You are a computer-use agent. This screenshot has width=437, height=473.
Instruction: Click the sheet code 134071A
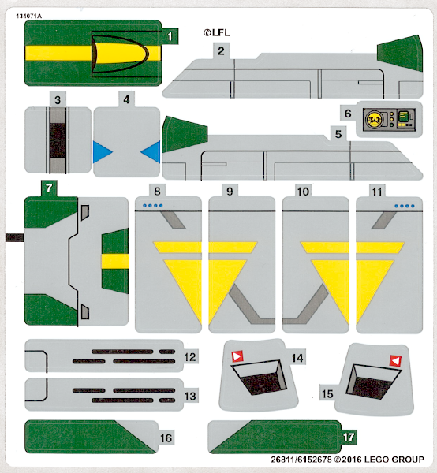pos(28,17)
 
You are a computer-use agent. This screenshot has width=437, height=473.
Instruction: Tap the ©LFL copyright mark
pos(217,32)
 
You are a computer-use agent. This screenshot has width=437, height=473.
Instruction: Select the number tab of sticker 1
pos(170,36)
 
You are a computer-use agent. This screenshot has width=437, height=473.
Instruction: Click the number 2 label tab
pos(221,50)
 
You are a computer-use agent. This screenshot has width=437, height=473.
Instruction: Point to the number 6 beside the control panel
pos(348,114)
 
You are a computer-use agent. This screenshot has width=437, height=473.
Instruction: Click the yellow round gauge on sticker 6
pos(374,119)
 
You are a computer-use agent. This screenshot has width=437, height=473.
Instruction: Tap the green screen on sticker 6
pos(403,116)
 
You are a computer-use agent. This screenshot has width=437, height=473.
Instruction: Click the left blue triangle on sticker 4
pos(102,151)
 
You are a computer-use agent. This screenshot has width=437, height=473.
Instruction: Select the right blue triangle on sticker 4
pos(151,151)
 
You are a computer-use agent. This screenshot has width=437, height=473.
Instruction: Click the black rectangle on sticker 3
pos(58,140)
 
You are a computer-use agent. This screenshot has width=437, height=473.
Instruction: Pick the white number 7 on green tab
pos(49,188)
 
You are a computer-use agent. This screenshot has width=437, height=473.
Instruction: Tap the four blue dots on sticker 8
pos(153,206)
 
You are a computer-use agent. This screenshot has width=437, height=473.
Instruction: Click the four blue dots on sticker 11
pos(405,206)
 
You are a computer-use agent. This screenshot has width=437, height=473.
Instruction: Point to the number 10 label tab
pos(303,192)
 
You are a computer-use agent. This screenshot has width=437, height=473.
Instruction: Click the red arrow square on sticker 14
pos(237,356)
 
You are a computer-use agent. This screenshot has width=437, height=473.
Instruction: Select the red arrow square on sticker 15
pos(395,361)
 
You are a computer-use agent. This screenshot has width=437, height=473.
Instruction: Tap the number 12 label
pos(190,357)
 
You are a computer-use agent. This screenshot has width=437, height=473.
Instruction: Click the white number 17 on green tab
pos(349,438)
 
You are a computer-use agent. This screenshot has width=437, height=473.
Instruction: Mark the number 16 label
pos(166,438)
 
